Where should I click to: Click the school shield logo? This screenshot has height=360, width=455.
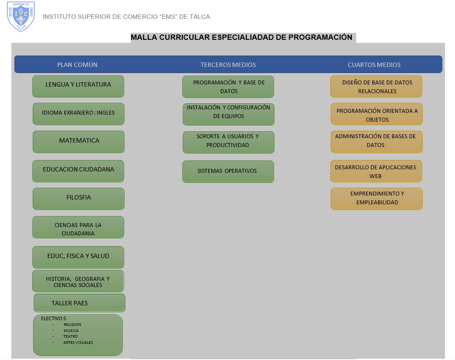point(21,16)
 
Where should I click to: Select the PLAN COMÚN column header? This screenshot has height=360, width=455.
point(77,65)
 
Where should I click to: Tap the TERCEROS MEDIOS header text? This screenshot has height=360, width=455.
point(228,65)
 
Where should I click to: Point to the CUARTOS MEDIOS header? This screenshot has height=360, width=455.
point(374,65)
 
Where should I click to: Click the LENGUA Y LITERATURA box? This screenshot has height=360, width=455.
point(78,87)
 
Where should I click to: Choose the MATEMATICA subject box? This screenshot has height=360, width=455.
point(79,142)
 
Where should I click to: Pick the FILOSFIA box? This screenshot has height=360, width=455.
point(79,199)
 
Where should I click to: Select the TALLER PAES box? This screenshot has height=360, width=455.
point(80,303)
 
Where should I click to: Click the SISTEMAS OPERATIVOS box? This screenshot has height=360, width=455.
point(228,171)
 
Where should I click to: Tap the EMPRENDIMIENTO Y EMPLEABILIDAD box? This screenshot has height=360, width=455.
point(377,199)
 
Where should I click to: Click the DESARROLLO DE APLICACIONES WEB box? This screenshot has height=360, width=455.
point(376,171)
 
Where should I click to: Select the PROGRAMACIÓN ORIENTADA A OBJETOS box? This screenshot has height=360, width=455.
point(377,114)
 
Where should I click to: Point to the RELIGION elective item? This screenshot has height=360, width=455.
point(72,325)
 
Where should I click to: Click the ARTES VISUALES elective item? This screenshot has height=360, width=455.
point(78,343)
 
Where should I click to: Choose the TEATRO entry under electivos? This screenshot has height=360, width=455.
point(70,336)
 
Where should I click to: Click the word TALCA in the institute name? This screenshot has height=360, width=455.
point(200,17)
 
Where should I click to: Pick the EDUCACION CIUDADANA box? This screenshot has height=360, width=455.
point(78,171)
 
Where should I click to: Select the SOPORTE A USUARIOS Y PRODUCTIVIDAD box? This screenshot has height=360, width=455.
point(228,142)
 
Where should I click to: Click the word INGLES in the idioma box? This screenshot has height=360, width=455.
point(106,113)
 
